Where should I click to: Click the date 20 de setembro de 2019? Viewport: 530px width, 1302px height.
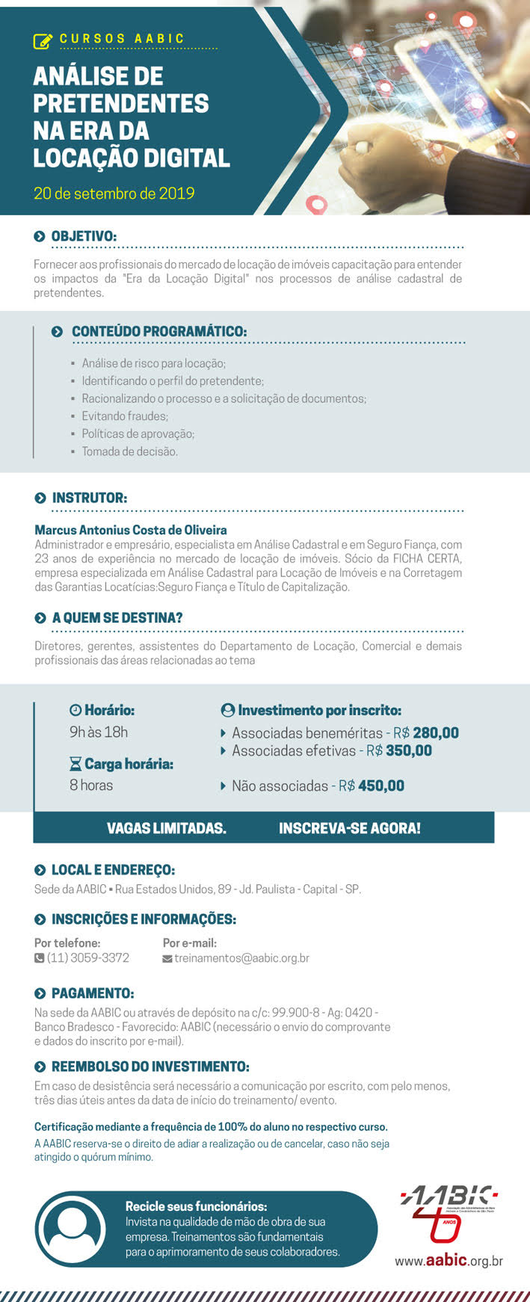tap(114, 194)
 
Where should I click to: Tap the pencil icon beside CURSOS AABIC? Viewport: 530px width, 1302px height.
tap(43, 40)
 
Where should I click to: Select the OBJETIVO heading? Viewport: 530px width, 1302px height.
tap(83, 236)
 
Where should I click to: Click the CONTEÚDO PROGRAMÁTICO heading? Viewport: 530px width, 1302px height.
tap(158, 331)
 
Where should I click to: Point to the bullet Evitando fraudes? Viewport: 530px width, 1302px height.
tap(124, 416)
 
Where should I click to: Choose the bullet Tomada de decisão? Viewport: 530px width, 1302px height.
tap(129, 451)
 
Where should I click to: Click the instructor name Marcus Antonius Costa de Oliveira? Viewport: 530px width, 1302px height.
tap(131, 530)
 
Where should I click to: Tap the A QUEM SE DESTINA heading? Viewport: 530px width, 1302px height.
tap(117, 618)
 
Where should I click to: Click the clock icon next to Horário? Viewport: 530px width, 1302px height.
tap(75, 710)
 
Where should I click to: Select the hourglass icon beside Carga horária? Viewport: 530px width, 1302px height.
tap(75, 764)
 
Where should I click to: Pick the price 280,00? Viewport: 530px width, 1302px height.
tap(436, 733)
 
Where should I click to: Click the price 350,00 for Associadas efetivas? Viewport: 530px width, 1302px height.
tap(409, 750)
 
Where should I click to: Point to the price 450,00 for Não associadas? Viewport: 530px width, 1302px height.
tap(381, 786)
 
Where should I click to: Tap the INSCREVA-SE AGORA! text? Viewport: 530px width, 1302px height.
tap(349, 828)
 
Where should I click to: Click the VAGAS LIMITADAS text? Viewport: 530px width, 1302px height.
tap(166, 828)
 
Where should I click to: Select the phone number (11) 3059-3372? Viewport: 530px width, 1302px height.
tap(87, 957)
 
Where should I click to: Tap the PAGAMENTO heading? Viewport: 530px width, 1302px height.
tap(92, 993)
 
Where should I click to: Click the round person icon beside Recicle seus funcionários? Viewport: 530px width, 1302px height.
tap(72, 1229)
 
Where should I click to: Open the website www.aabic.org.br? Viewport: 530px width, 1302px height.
tap(449, 1261)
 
